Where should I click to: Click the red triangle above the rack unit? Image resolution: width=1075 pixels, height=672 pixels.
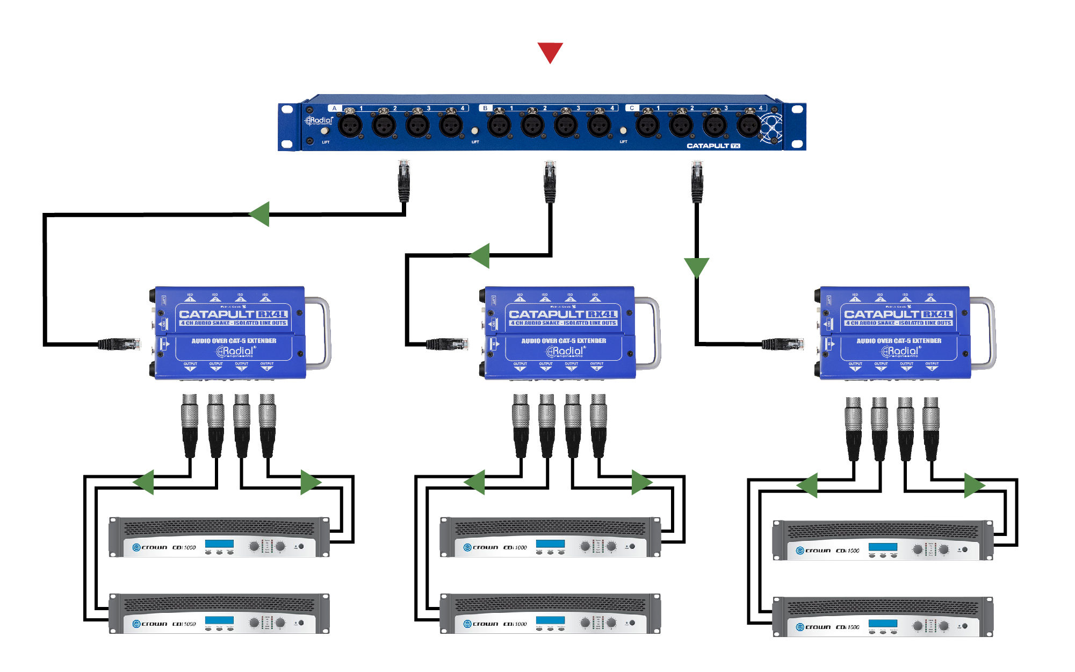pos(550,52)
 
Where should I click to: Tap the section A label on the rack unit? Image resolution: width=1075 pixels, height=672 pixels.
pos(334,108)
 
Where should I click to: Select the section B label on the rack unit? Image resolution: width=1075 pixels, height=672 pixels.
pos(485,108)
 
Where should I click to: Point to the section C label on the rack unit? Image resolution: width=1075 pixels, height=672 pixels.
pos(632,108)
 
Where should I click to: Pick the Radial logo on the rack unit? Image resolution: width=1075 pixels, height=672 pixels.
pos(320,120)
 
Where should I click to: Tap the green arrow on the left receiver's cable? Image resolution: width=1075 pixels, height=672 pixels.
pos(259,214)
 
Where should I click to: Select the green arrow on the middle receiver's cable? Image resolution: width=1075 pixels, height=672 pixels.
pos(480,255)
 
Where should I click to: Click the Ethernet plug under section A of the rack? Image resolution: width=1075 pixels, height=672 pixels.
pos(404,180)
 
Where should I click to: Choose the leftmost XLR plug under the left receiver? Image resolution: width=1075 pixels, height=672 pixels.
pos(190,425)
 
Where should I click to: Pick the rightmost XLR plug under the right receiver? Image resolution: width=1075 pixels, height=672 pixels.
pos(931,428)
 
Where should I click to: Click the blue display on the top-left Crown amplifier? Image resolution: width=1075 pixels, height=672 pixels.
pos(219,544)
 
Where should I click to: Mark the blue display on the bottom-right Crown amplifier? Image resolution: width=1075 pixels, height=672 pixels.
pos(883,624)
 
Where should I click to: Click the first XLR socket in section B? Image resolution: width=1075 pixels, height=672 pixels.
pos(499,126)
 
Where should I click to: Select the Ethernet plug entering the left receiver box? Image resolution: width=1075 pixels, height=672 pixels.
pos(119,344)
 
